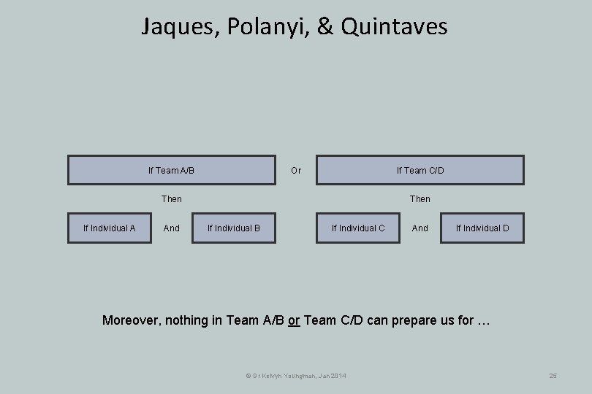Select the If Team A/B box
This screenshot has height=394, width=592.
coord(171,170)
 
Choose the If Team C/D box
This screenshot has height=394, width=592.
coord(420,170)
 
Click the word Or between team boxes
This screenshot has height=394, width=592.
coord(295,171)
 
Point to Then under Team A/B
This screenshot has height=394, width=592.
coord(171,198)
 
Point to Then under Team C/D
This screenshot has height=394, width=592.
coord(420,198)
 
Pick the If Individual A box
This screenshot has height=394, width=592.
coord(109,228)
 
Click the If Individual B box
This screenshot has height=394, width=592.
coord(233,228)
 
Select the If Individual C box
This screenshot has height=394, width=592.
coord(357,228)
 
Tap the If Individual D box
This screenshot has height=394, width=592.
coord(482,228)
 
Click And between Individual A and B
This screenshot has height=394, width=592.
coord(171,228)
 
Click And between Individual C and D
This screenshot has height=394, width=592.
coord(420,228)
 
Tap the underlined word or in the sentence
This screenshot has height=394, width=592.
coord(294,320)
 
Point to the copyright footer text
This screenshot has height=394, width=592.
coord(295,375)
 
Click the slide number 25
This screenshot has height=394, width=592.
coord(553,375)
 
